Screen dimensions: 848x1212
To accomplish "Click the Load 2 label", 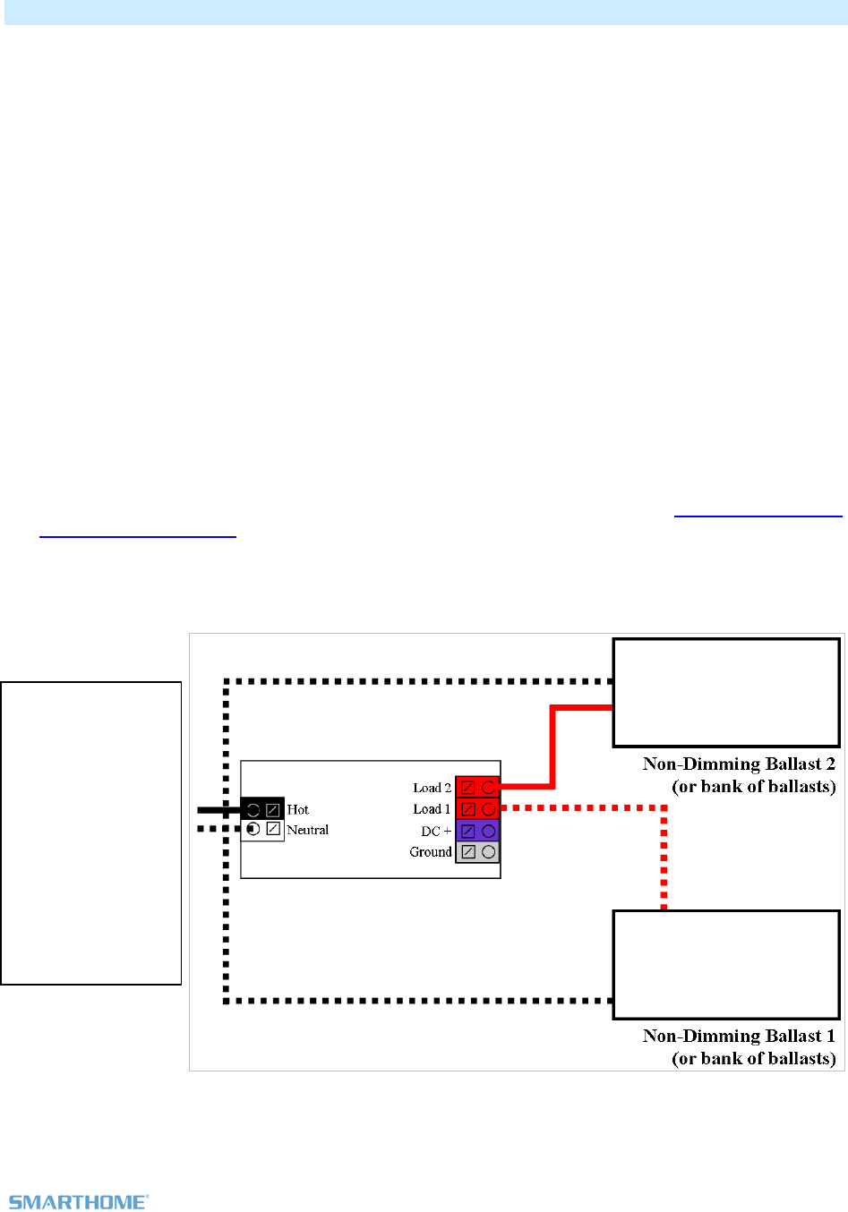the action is click(432, 788).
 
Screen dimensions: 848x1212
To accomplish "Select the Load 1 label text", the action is click(432, 809).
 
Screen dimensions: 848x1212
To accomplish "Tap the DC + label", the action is click(436, 831).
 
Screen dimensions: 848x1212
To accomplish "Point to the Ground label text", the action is click(431, 852).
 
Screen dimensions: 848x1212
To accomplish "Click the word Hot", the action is click(297, 809).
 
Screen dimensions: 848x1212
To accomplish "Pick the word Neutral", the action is click(307, 830).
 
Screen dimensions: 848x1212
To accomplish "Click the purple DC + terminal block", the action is click(477, 831).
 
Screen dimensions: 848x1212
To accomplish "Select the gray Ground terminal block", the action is click(477, 852).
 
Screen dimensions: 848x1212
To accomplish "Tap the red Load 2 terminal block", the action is click(477, 788).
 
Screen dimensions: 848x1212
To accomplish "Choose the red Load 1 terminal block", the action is click(477, 809).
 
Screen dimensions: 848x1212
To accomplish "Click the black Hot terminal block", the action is click(262, 809).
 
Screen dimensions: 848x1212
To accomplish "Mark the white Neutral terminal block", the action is click(262, 830).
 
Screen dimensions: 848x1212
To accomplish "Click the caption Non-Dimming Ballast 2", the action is click(739, 764).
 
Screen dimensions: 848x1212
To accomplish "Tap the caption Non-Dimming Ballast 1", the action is click(739, 1037).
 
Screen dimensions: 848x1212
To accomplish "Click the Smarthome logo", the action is click(78, 1201).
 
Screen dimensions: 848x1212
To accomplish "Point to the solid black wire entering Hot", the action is click(219, 809).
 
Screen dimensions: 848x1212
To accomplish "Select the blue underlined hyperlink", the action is click(758, 516).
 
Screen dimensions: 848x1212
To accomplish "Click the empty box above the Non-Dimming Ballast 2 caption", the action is click(726, 692).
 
